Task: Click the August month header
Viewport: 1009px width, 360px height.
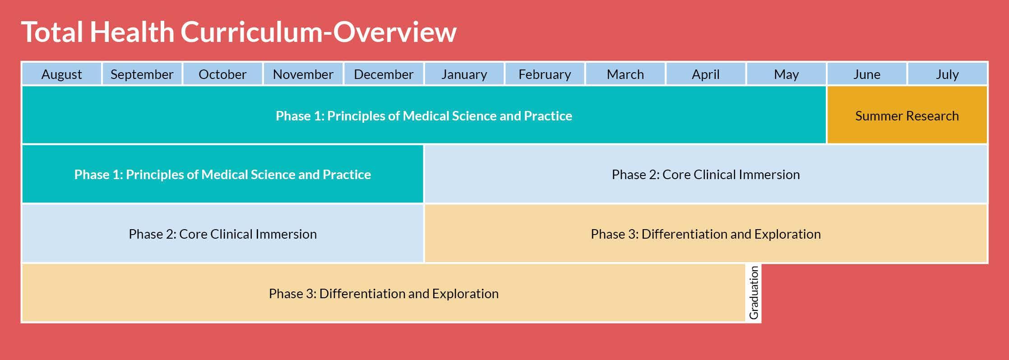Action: coord(62,74)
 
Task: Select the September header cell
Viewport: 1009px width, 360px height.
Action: coord(142,74)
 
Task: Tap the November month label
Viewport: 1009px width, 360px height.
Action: coord(303,74)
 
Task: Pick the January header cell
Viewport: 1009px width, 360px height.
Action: coord(464,74)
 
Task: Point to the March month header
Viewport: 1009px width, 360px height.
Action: coord(625,74)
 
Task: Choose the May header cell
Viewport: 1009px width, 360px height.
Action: coord(787,74)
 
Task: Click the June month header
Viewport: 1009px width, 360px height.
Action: coord(867,74)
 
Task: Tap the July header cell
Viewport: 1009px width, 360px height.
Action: coord(948,74)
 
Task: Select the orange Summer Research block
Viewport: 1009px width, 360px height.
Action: coord(907,115)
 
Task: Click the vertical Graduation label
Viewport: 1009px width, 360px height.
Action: coord(754,293)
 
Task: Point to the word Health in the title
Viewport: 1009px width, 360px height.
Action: coord(132,32)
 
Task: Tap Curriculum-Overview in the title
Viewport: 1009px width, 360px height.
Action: coord(319,32)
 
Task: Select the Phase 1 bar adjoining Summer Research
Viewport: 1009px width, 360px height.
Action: coord(424,115)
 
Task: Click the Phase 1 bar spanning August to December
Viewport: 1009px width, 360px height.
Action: coord(223,174)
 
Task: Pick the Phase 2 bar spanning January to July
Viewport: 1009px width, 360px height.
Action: coord(706,174)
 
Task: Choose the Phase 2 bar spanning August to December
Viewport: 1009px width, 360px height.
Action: coord(223,233)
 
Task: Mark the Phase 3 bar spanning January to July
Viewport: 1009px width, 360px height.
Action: coord(706,233)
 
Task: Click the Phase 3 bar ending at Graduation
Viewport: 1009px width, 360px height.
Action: coord(384,293)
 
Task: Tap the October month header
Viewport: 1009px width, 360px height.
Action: coord(222,74)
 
